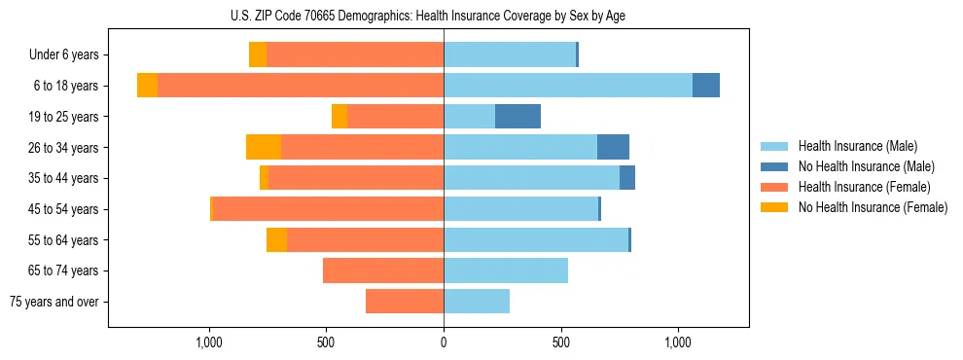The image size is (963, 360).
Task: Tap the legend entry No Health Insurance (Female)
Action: coord(873,207)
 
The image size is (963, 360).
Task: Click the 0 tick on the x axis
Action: coord(444,342)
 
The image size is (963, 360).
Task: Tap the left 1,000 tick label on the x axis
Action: coord(209,342)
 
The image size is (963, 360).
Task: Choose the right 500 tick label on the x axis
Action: coord(561,342)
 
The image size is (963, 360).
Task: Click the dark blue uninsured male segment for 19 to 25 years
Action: coord(517,117)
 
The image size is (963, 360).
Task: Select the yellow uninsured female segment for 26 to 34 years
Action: coord(264,147)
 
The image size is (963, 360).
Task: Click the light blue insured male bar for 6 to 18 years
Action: coord(568,86)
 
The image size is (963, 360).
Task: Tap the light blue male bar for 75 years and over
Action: coord(477,302)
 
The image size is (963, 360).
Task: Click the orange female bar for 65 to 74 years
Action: coord(383,270)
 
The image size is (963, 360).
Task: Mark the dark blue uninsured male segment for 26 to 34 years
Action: coord(613,147)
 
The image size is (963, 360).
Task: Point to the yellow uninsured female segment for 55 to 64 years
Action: coord(276,239)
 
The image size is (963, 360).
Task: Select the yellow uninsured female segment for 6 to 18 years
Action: coord(147,86)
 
